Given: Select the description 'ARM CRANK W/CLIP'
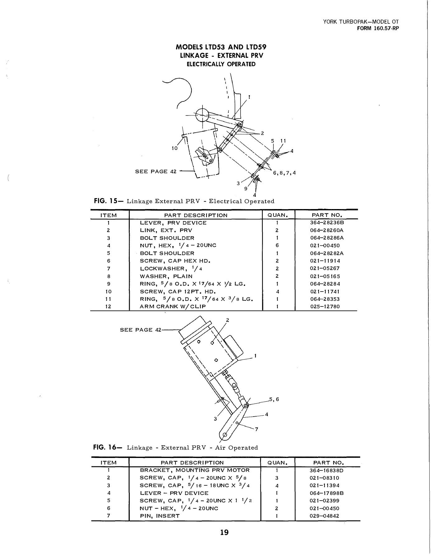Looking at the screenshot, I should [173, 306].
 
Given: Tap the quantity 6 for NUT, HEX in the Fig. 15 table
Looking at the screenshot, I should [277, 245].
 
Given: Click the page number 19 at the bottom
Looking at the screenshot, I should [224, 532].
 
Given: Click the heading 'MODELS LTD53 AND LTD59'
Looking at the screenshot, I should [221, 47].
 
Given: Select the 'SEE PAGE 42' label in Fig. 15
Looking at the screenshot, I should [156, 171].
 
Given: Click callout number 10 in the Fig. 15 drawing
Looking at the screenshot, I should [175, 148].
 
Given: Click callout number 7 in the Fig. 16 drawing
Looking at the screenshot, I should [256, 430].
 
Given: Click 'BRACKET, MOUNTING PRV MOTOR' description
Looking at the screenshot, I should [195, 470].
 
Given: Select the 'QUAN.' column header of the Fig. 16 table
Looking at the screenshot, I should [277, 463].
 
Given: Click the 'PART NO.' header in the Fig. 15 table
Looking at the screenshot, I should [327, 215].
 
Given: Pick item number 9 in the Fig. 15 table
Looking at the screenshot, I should [109, 284].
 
